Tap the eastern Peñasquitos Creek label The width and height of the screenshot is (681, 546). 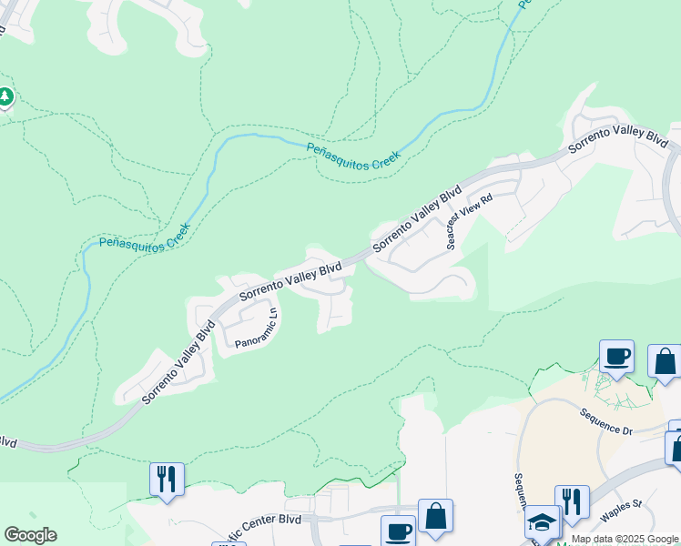coord(353,155)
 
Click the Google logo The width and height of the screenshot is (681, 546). coord(30,535)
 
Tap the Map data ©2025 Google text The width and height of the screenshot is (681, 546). coord(625,539)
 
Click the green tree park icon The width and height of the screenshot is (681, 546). coord(5,96)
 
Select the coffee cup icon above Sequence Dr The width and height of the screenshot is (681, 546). coord(616,356)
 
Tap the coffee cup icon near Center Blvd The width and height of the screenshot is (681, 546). coord(397,531)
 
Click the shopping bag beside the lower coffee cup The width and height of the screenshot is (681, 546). coord(435,515)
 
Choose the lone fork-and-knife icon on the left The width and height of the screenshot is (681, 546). coord(167,478)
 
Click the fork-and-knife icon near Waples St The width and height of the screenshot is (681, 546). coord(572,501)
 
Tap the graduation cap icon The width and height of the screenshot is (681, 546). coord(542,522)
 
